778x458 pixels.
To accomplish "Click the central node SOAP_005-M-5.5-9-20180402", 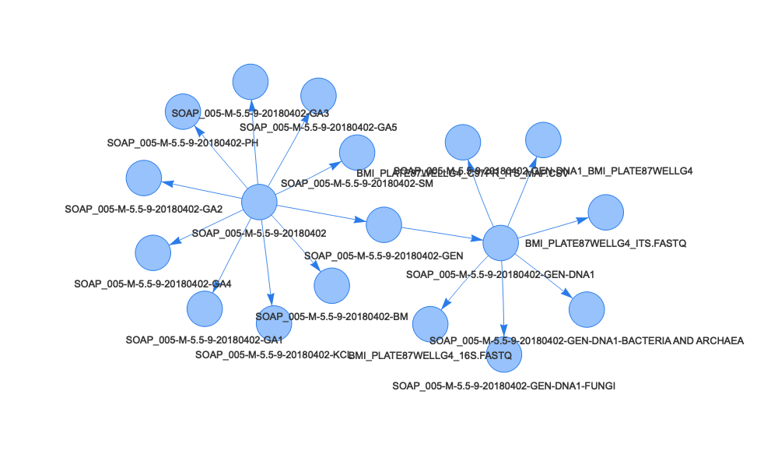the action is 259,203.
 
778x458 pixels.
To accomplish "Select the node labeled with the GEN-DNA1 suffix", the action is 500,243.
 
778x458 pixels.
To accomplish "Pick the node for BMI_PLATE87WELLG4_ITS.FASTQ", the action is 605,213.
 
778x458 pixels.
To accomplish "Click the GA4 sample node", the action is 152,252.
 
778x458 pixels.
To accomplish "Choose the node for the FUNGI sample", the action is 504,352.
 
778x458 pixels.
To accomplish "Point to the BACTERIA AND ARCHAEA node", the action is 587,310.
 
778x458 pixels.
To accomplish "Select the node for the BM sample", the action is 331,285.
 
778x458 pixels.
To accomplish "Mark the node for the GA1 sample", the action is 204,308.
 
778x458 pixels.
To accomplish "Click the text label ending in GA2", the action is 144,210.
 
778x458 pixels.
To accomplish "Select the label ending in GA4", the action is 152,284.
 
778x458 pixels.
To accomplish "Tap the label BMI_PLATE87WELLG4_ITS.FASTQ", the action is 605,244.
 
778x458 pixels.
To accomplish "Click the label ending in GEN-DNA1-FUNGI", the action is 503,386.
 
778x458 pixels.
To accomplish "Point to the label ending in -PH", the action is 183,143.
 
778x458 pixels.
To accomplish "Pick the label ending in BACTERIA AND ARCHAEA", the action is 587,340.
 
